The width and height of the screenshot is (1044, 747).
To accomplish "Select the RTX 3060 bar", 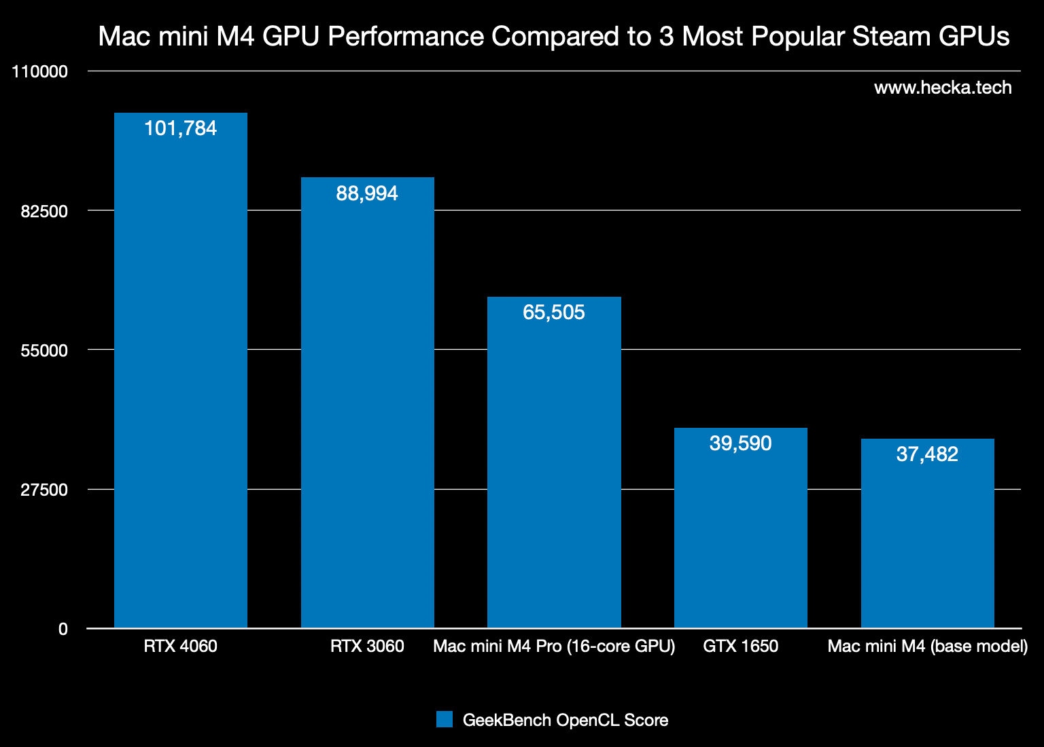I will click(x=367, y=407).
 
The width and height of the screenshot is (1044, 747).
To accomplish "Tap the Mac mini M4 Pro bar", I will click(x=554, y=469).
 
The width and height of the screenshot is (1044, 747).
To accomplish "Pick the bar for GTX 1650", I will click(x=740, y=536).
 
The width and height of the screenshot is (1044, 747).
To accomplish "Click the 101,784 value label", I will click(x=180, y=128).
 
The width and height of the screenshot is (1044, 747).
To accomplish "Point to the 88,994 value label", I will click(x=367, y=194).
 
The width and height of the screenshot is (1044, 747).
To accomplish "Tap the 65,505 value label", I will click(x=554, y=312).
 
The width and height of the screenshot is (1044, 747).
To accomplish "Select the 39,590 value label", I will click(x=740, y=443).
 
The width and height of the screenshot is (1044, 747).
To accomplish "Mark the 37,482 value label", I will click(x=927, y=454).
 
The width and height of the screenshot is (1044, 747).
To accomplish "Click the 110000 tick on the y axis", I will click(x=40, y=72).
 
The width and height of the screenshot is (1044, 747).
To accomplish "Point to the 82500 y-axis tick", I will click(x=44, y=211).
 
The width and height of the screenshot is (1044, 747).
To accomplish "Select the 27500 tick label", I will click(x=44, y=490).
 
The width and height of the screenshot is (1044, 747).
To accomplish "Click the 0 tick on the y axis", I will click(x=63, y=630).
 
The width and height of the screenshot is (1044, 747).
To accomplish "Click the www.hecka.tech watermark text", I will click(x=943, y=88).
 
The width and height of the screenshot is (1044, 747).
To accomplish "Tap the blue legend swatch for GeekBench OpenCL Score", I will click(x=445, y=720).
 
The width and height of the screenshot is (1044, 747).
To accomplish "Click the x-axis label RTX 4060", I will click(x=180, y=646).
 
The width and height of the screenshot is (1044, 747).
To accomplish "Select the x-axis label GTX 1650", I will click(x=740, y=646).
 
